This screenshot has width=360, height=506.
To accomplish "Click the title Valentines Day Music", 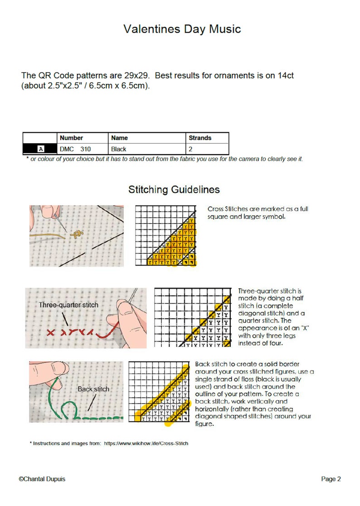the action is pyautogui.click(x=182, y=29).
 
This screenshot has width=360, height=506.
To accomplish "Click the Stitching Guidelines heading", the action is pyautogui.click(x=174, y=190).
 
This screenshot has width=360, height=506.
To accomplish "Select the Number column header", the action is pyautogui.click(x=71, y=138).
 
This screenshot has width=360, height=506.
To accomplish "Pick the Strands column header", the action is pyautogui.click(x=200, y=138).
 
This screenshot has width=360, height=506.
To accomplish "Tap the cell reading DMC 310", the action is pyautogui.click(x=75, y=149).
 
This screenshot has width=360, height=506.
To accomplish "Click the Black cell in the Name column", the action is pyautogui.click(x=119, y=149).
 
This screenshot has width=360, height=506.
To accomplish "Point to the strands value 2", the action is pyautogui.click(x=190, y=149).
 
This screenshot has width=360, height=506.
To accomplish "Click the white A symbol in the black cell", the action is pyautogui.click(x=41, y=149).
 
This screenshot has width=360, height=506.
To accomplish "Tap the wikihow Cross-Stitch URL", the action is pyautogui.click(x=146, y=443).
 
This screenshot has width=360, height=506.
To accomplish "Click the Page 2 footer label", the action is pyautogui.click(x=331, y=479).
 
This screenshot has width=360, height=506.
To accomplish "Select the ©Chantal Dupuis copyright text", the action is pyautogui.click(x=42, y=479).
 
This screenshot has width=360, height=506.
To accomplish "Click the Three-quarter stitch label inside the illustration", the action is pyautogui.click(x=68, y=305).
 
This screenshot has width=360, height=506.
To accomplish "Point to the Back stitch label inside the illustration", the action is pyautogui.click(x=93, y=389).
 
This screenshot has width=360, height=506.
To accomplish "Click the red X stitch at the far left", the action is pyautogui.click(x=50, y=332).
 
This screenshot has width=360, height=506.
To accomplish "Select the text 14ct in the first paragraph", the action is pyautogui.click(x=286, y=76).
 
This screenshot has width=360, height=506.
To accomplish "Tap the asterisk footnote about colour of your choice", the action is pyautogui.click(x=165, y=159).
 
